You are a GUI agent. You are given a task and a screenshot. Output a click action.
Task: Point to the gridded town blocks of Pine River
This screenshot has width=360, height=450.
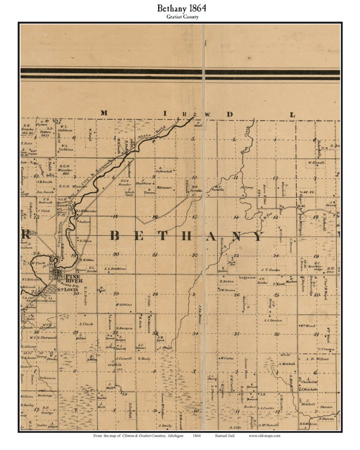click(58, 274)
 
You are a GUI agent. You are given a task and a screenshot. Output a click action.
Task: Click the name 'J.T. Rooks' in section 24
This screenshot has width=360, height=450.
click(268, 270)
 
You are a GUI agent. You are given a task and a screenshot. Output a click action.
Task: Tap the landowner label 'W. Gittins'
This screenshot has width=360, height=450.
click(123, 304)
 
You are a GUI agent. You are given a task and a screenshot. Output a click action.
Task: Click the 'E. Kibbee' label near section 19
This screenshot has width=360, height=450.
click(86, 260)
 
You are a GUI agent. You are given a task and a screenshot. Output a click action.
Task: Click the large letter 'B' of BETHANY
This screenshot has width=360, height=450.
click(116, 236)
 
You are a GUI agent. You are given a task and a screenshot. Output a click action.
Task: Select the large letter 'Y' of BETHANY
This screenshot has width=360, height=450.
click(258, 236)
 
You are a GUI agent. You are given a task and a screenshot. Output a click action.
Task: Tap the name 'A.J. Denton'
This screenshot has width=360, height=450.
click(272, 320)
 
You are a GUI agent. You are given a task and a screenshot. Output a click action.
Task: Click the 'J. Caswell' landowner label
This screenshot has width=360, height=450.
click(122, 358)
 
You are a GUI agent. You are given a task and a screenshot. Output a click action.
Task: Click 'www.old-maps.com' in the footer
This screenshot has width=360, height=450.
click(264, 435)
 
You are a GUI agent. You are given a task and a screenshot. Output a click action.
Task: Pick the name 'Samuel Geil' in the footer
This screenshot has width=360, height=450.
click(222, 435)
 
